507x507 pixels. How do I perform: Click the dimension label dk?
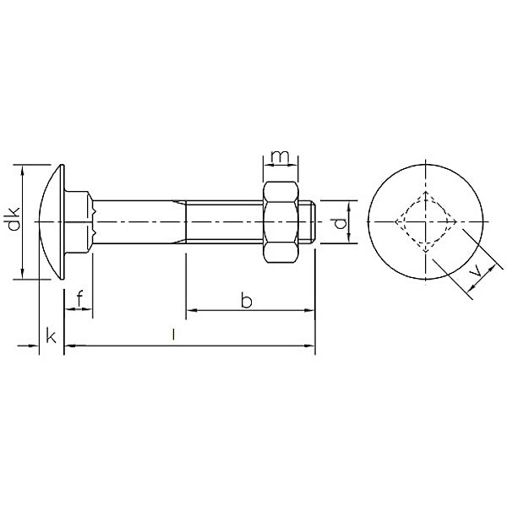14,219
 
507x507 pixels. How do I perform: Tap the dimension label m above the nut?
280,156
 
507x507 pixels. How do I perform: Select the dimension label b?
247,300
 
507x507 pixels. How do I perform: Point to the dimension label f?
80,298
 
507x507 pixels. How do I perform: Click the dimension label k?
51,335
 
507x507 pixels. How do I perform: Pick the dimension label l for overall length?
173,335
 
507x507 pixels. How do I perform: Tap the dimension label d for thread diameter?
340,223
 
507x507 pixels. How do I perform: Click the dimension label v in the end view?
476,270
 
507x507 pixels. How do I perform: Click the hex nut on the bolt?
281,222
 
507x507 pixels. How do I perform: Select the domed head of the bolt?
51,221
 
